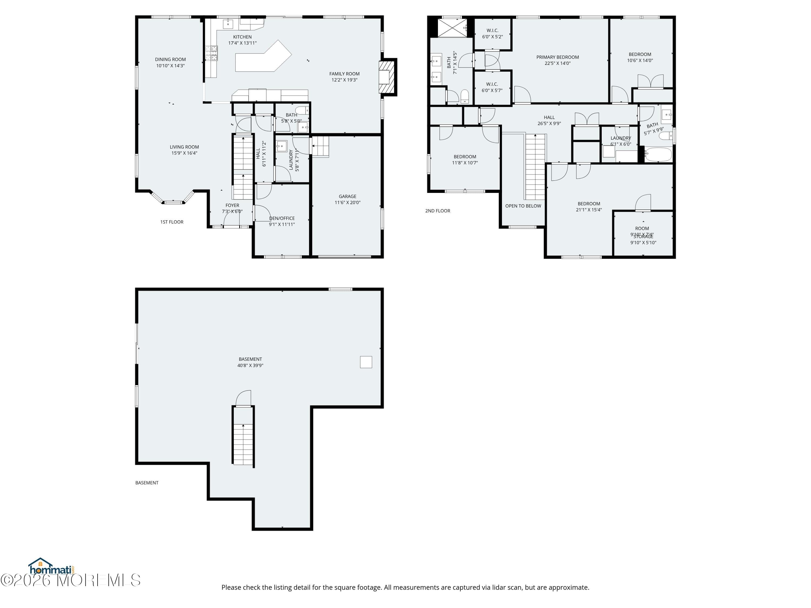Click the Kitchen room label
click(242, 37)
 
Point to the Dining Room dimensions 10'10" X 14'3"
click(171, 66)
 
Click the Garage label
click(347, 196)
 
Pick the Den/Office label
click(282, 218)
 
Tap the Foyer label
click(232, 206)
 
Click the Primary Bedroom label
click(557, 57)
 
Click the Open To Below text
click(523, 206)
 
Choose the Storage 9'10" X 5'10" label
click(643, 240)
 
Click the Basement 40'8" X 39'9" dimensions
click(250, 365)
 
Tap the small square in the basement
click(366, 362)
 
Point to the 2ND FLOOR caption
click(437, 211)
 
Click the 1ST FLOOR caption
click(172, 222)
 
